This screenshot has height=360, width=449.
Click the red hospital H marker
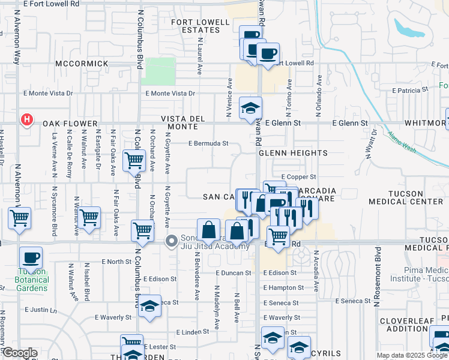click(26, 121)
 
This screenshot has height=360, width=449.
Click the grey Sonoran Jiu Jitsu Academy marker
click(172, 241)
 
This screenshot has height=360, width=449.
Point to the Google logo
click(19, 353)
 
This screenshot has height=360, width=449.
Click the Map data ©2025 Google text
click(412, 355)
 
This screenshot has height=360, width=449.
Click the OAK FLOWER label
click(70, 124)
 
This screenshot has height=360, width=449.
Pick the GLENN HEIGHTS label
click(293, 153)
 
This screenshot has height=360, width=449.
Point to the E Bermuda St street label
click(208, 143)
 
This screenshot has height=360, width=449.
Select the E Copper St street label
click(298, 177)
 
